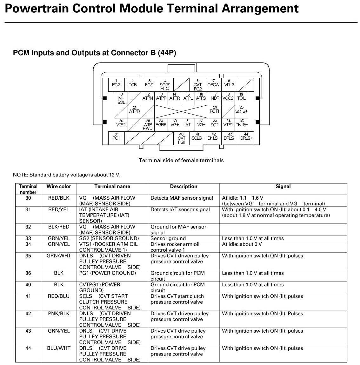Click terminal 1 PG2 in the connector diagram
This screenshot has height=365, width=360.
(x=116, y=84)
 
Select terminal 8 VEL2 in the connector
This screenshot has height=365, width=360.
(x=229, y=84)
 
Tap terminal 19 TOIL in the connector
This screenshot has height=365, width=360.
(x=242, y=97)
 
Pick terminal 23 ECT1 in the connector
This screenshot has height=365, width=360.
(x=215, y=111)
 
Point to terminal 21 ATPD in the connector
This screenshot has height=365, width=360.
(x=134, y=111)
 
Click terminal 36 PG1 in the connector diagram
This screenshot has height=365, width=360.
(x=116, y=137)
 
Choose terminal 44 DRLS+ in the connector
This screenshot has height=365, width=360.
(x=246, y=137)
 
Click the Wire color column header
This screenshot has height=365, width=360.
(x=59, y=187)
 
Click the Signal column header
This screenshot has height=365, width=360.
(x=283, y=187)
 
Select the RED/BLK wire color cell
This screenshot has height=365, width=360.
(x=59, y=198)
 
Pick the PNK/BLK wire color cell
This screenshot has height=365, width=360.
(x=59, y=314)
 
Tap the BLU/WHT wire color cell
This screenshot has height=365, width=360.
(x=59, y=348)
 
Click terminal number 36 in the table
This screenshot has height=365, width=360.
(x=28, y=273)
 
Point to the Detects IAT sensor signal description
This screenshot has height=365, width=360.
(x=180, y=209)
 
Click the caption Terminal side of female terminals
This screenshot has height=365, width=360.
(x=181, y=160)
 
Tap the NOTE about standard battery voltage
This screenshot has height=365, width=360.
(x=67, y=175)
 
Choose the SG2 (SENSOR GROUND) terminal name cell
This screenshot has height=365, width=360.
(x=109, y=238)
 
